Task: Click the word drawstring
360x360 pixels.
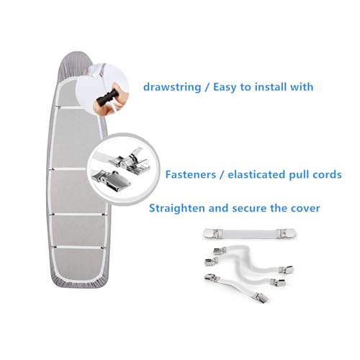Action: coord(172,87)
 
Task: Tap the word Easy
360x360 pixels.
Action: coord(225,87)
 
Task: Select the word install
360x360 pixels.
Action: coord(271,86)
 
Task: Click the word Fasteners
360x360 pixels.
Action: coord(191,174)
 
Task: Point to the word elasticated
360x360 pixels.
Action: coord(256,174)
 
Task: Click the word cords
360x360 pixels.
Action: coord(327,174)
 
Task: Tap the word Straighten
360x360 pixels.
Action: coord(177,208)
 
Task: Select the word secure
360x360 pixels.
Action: coord(249,208)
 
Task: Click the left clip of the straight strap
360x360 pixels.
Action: coord(211,233)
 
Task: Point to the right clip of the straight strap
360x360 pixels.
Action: coord(286,233)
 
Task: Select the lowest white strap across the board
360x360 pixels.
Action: coord(79,247)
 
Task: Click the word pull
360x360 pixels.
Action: coord(300,175)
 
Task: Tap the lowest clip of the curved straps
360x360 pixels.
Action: coord(261,297)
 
